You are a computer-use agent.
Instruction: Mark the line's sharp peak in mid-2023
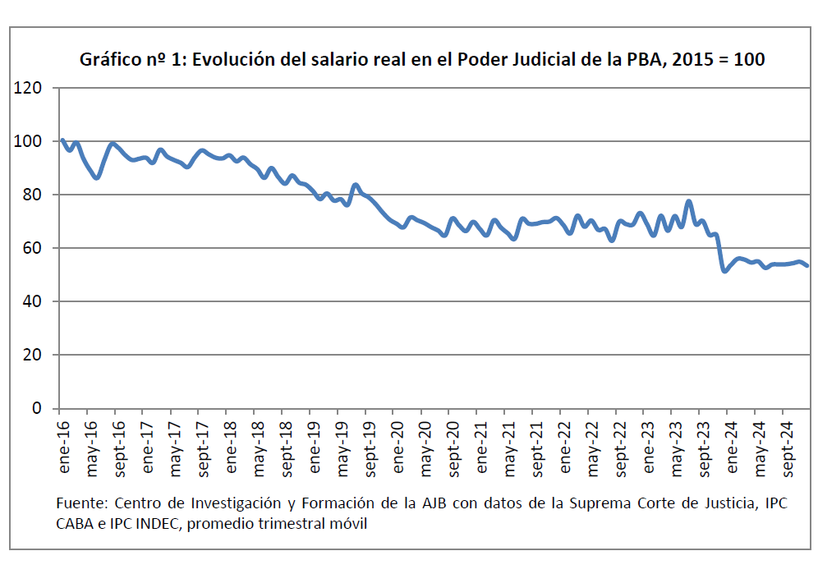(689, 201)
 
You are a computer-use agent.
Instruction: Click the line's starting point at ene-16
(62, 140)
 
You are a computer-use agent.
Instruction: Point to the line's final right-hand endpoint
(807, 265)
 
